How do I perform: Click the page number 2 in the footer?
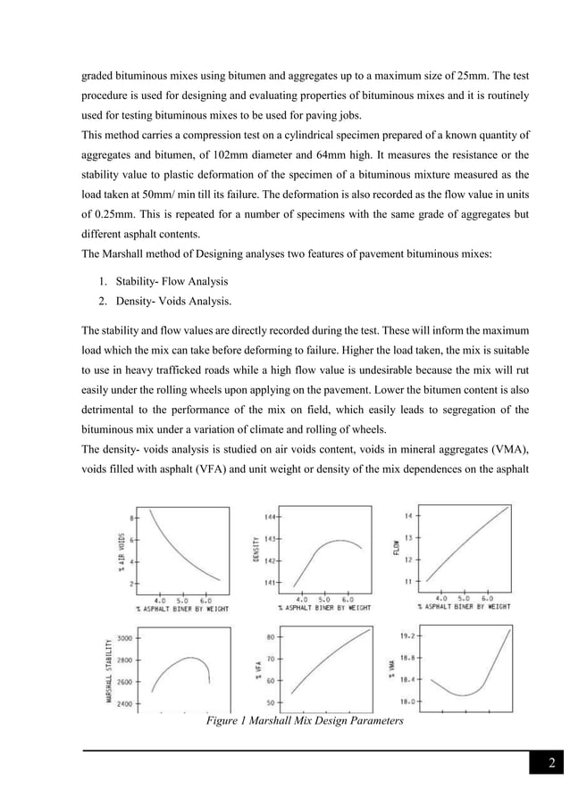[552, 762]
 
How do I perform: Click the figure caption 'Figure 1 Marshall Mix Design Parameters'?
[302, 721]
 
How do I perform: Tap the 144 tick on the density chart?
[269, 517]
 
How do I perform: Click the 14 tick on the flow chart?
[409, 517]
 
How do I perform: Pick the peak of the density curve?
[339, 540]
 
